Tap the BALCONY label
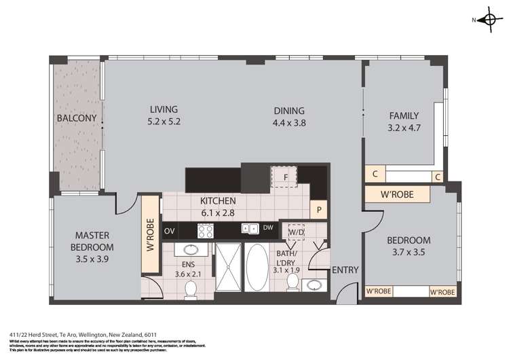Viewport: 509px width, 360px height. click(76, 118)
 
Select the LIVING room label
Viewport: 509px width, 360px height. click(164, 115)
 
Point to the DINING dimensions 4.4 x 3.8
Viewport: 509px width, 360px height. click(289, 123)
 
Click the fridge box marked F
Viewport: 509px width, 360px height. click(286, 177)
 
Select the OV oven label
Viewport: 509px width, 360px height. click(169, 230)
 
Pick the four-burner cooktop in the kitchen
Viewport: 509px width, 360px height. click(206, 230)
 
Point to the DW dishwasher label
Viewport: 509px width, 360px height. click(268, 229)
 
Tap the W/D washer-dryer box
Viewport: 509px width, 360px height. click(297, 232)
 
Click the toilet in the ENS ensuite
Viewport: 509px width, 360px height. click(191, 289)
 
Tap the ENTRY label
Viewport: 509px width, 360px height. click(345, 270)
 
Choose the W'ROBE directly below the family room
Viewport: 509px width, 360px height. click(398, 196)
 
